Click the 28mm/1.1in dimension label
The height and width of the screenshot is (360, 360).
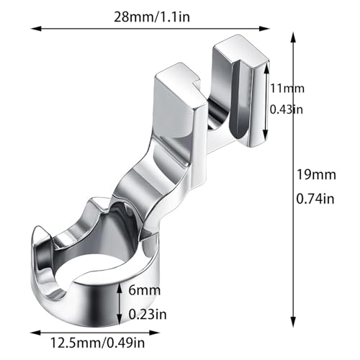pyautogui.click(x=152, y=17)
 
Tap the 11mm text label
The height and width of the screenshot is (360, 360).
pyautogui.click(x=287, y=89)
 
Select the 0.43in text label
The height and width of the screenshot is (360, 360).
pyautogui.click(x=287, y=109)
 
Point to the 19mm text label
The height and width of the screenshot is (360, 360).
pyautogui.click(x=316, y=174)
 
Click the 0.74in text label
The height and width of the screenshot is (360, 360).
pyautogui.click(x=315, y=199)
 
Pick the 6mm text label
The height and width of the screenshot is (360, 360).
pyautogui.click(x=145, y=290)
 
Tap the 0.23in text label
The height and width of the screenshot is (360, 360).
pyautogui.click(x=148, y=314)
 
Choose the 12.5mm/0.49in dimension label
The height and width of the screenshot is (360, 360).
pyautogui.click(x=97, y=343)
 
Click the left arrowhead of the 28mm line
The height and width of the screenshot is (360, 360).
pyautogui.click(x=36, y=29)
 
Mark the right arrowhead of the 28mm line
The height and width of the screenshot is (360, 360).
pyautogui.click(x=264, y=29)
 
